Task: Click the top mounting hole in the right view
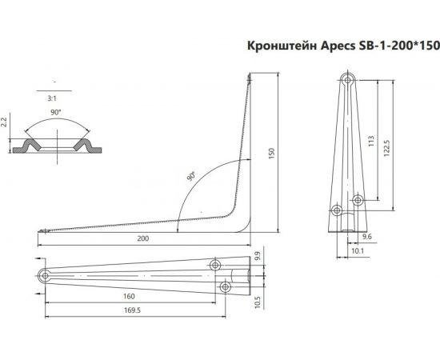pyautogui.click(x=346, y=81)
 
